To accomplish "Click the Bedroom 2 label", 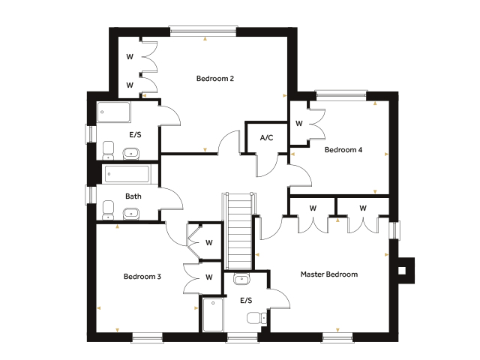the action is coord(215,79).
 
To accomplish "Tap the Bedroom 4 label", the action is coord(343,150).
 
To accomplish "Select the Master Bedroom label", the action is coord(329,274).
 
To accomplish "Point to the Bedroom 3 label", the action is coord(142,277).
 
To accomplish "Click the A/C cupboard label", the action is coord(266,138).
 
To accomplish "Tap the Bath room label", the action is coord(133,196).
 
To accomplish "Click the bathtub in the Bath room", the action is coord(127,174).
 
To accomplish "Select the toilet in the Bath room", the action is coord(108,210).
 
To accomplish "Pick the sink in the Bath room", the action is coord(131,213).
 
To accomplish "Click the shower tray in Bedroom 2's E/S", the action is coord(113,112).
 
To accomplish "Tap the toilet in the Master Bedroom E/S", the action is coord(256,318).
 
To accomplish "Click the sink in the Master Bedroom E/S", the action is coord(241,278).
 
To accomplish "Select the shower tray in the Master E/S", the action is coord(213,315).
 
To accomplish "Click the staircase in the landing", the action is coord(238,231).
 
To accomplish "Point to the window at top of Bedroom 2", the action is coord(203,31).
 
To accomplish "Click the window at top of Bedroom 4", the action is coord(341,95).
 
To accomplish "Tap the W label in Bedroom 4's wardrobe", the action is coord(299,123).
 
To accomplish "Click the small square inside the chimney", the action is coord(402,271).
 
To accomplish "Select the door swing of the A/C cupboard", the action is coord(267,165).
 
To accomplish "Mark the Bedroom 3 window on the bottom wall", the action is coord(147,337).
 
